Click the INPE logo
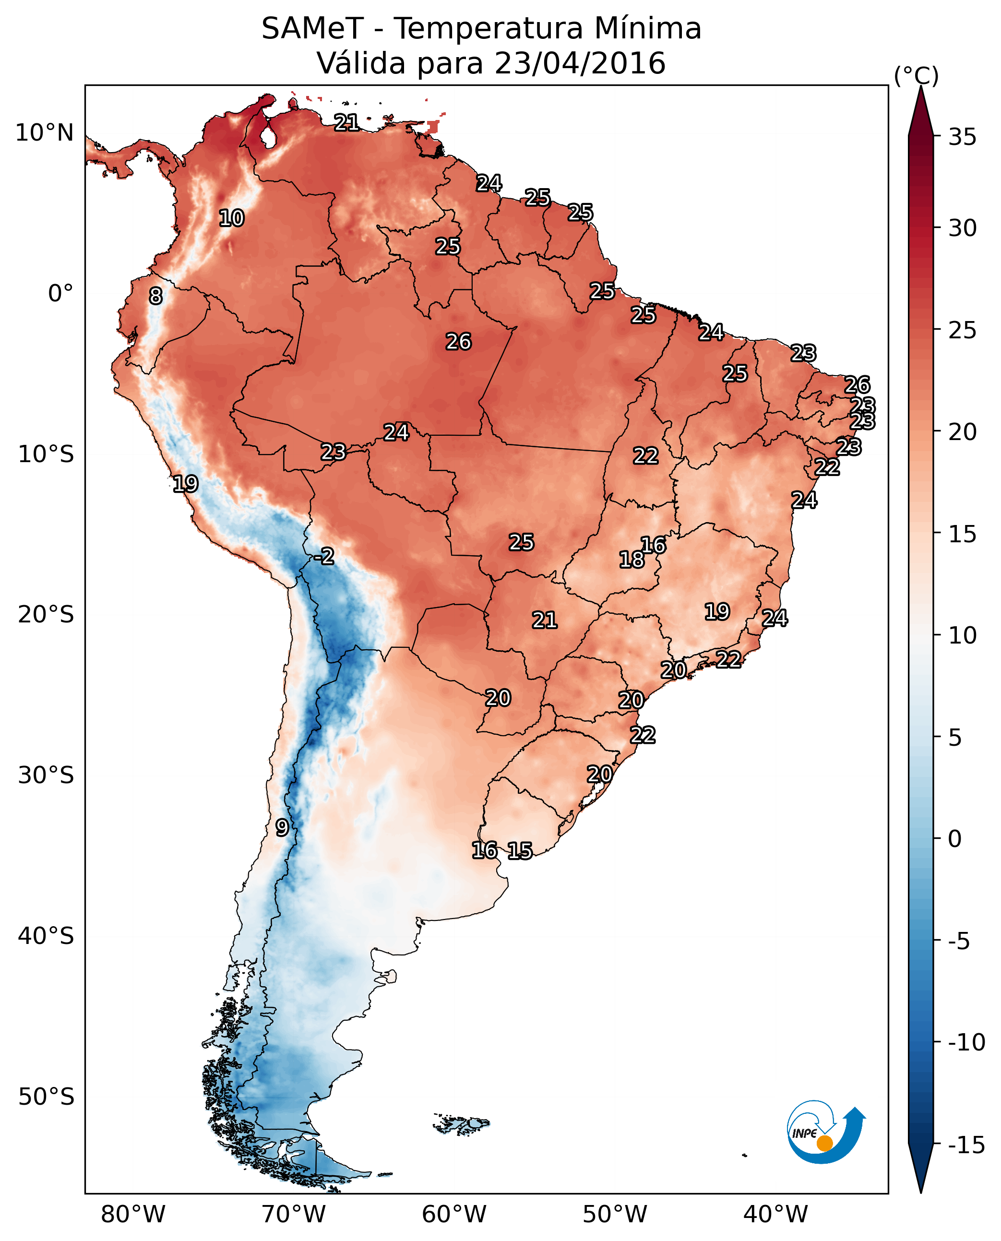pyautogui.click(x=826, y=1133)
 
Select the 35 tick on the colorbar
pyautogui.click(x=962, y=137)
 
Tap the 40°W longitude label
pyautogui.click(x=775, y=1214)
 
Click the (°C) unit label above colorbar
pyautogui.click(x=916, y=75)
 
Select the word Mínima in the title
pyautogui.click(x=648, y=29)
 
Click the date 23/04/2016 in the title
pyautogui.click(x=580, y=63)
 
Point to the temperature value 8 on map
pyautogui.click(x=155, y=297)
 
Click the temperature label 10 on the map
pyautogui.click(x=232, y=218)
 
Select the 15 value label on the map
pyautogui.click(x=520, y=850)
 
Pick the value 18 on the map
pyautogui.click(x=632, y=560)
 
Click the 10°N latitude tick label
pyautogui.click(x=45, y=133)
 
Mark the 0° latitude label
pyautogui.click(x=60, y=294)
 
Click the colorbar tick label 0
pyautogui.click(x=955, y=839)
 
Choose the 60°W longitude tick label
pyautogui.click(x=454, y=1214)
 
